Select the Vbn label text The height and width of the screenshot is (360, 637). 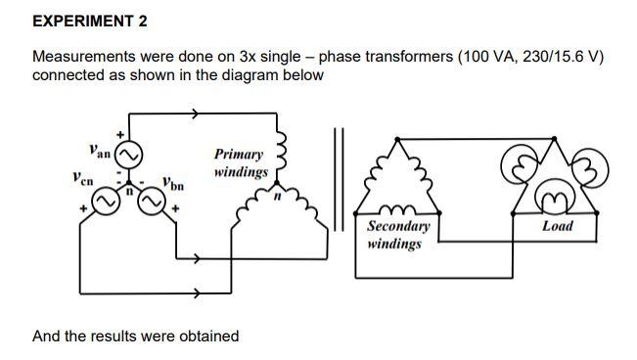pos(173,183)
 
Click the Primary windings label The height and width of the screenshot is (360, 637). pos(240,162)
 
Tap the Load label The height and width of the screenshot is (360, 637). pos(558,226)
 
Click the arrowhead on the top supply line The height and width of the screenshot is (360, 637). pos(196,114)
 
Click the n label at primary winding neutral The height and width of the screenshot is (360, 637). pos(277,198)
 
